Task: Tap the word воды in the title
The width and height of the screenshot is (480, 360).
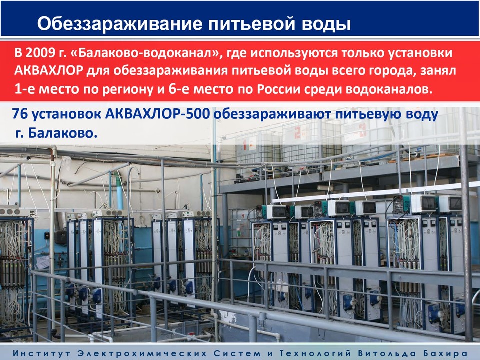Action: pyautogui.click(x=326, y=24)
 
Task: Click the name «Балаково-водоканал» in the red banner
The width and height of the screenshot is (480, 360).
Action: pyautogui.click(x=144, y=53)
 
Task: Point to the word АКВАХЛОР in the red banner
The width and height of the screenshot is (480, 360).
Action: pyautogui.click(x=49, y=71)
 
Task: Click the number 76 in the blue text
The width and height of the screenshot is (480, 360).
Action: pyautogui.click(x=20, y=114)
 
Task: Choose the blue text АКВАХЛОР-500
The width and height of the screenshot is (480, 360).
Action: pyautogui.click(x=157, y=114)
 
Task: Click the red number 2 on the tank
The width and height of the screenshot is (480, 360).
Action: pyautogui.click(x=297, y=132)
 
